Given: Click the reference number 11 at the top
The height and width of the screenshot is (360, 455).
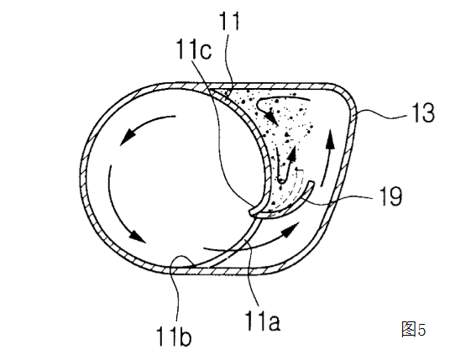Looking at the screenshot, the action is coord(229,21).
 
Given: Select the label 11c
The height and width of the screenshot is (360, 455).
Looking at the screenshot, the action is coord(194,50).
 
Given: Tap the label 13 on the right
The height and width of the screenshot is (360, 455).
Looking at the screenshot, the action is coord(423,112).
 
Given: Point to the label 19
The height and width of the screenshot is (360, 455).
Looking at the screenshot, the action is coord(390,196).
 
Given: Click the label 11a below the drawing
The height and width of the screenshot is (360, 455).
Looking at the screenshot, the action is coord(263,321).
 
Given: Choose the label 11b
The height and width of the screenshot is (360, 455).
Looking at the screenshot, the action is coord(174,337).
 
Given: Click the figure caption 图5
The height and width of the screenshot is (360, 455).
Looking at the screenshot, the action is coord(414,329).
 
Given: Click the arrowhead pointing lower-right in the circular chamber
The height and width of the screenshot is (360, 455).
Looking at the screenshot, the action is coord(136,236).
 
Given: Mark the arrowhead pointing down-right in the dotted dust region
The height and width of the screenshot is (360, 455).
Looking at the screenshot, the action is coord(271,117).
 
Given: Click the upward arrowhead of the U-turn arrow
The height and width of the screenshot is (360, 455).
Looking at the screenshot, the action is coord(291,154).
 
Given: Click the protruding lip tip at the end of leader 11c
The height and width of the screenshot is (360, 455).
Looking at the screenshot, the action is coord(252,212).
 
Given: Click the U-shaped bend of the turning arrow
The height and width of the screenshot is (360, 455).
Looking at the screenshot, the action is coord(281,181).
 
